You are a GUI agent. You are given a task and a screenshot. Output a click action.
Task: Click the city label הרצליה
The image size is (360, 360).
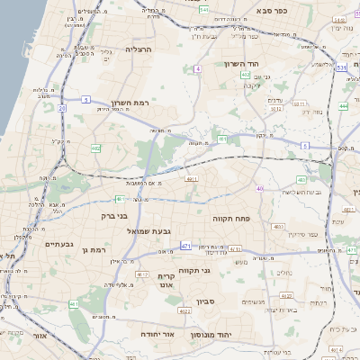click(139, 49)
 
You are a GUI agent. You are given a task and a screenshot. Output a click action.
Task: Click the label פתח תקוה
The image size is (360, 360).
click(231, 219)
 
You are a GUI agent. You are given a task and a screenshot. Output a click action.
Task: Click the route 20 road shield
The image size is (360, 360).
click(62, 108)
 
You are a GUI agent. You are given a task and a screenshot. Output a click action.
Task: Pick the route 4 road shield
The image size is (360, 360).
click(196, 68)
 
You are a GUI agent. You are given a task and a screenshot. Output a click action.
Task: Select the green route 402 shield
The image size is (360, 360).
click(245, 75)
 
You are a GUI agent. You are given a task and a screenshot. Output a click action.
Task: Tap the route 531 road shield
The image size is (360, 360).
click(341, 67)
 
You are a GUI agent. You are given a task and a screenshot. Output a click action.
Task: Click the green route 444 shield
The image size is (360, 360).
click(343, 106)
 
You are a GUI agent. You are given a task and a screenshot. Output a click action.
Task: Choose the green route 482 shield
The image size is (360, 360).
click(95, 148)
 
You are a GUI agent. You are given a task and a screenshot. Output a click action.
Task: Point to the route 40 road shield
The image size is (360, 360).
click(259, 188)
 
